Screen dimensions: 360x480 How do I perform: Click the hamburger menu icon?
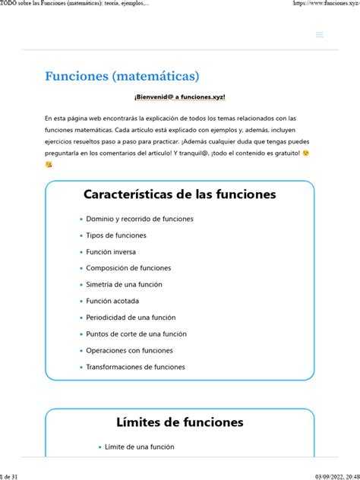point(320,34)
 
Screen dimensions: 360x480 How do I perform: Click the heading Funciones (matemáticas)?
point(122,76)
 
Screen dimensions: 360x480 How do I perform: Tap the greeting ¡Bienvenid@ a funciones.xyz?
point(179,97)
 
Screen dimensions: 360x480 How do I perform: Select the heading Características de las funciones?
point(179,194)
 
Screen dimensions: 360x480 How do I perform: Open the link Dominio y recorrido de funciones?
point(140,219)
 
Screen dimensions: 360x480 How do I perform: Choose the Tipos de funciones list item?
point(116,235)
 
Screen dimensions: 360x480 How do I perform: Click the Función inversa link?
point(111,251)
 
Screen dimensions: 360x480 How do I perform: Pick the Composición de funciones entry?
point(128,267)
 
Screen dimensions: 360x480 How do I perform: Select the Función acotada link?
point(112,301)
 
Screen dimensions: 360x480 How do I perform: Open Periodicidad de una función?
point(131,317)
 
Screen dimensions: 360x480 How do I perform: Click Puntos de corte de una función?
point(136,333)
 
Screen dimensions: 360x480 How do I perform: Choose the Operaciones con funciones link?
point(129,350)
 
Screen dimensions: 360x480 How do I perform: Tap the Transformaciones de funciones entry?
point(135,367)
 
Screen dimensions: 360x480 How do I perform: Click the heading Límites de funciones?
point(179,422)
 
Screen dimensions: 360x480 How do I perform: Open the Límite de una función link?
point(139,447)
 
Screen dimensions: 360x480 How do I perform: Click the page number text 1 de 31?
point(13,475)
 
